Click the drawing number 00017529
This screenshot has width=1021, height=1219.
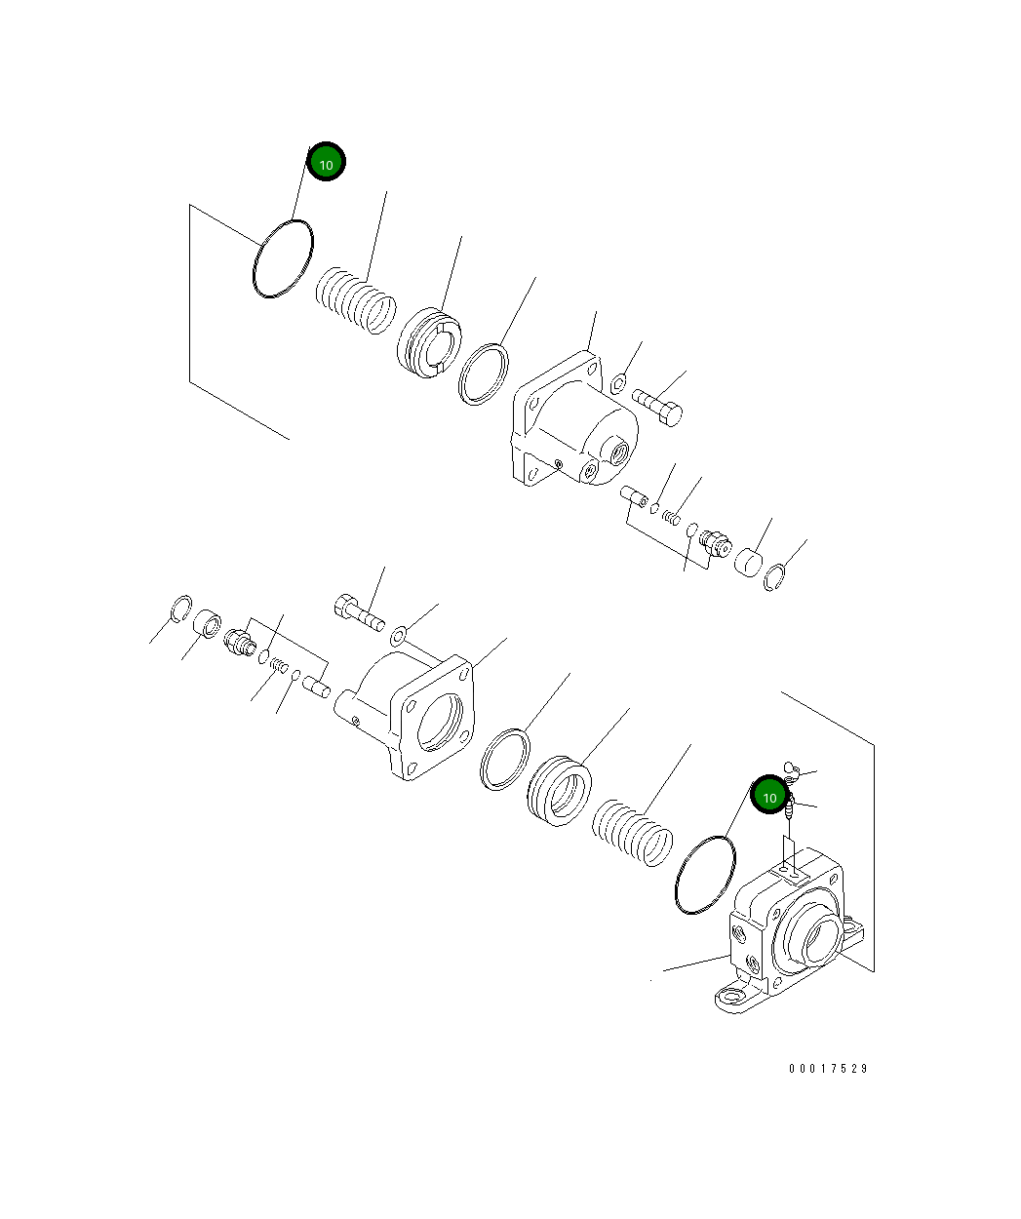(828, 1068)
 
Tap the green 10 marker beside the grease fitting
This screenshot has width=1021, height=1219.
(768, 797)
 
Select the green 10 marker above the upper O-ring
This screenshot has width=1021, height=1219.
(326, 164)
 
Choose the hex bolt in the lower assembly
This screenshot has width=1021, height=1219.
(359, 612)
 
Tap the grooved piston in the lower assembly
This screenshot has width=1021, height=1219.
(560, 789)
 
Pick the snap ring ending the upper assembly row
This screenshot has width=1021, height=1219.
(773, 578)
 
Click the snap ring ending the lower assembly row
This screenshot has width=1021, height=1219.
(179, 608)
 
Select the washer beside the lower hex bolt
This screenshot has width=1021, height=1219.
(398, 637)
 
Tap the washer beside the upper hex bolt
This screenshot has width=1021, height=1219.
(618, 383)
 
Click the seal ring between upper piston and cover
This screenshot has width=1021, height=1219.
(485, 373)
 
